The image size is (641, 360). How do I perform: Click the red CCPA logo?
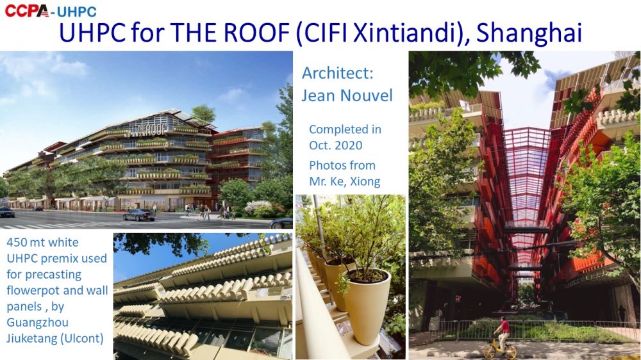pos(26,10)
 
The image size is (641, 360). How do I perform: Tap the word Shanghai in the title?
pos(529,33)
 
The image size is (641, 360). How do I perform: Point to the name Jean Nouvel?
pos(347,95)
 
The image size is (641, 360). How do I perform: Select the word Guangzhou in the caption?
pos(37,322)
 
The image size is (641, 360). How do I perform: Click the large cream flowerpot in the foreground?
pos(367,304)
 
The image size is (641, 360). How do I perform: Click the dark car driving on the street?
pos(139,215)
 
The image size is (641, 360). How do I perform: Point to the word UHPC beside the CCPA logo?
pos(77,12)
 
